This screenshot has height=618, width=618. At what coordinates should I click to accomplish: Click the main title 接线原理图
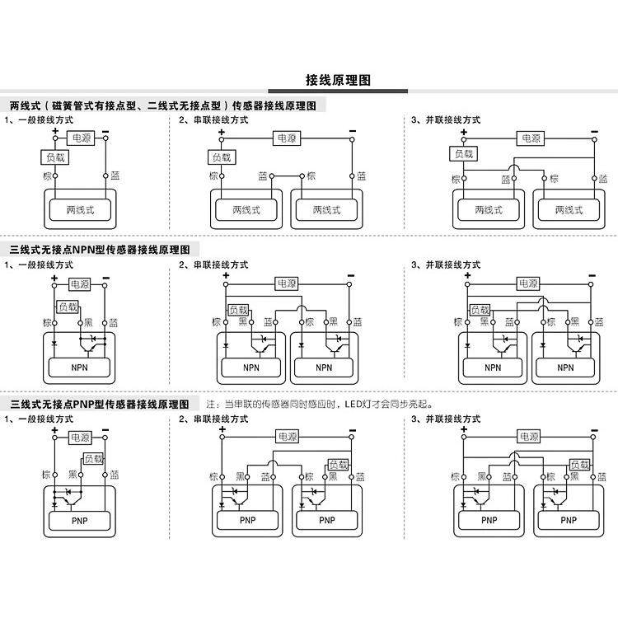click(x=338, y=80)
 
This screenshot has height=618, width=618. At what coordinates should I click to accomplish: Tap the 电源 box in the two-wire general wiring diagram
click(x=81, y=138)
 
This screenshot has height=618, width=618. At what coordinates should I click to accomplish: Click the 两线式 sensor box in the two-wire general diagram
click(x=80, y=211)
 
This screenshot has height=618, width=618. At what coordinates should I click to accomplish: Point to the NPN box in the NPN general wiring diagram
click(x=80, y=368)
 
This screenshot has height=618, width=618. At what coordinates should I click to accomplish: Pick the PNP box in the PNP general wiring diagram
click(x=80, y=521)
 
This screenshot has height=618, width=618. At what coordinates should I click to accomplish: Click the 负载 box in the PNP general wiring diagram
click(x=93, y=459)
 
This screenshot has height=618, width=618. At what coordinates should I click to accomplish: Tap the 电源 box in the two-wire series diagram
click(x=287, y=138)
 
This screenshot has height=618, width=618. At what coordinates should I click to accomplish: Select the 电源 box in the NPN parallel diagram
click(x=528, y=283)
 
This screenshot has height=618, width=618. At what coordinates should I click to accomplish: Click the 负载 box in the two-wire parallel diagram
click(x=463, y=154)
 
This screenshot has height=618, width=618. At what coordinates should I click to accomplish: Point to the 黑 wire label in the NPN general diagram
click(x=89, y=321)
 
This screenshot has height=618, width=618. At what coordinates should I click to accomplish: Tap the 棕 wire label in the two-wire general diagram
click(x=47, y=176)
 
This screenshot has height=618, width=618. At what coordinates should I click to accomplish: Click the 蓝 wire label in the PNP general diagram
click(x=115, y=475)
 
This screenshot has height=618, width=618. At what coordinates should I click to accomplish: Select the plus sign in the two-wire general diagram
click(x=55, y=131)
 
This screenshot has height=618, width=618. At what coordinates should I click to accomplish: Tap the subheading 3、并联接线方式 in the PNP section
click(x=445, y=419)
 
